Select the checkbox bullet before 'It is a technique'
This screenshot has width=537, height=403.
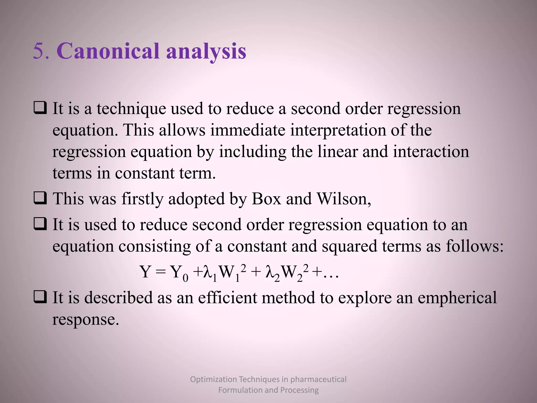tap(40, 108)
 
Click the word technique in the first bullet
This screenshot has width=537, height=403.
tap(131, 109)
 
